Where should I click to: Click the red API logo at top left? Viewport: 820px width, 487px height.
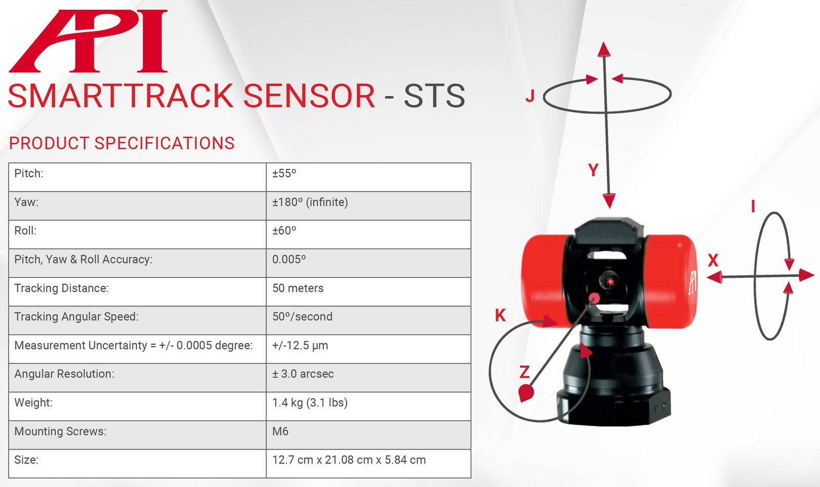(x=88, y=41)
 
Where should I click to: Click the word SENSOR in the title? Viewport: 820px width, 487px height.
(x=310, y=95)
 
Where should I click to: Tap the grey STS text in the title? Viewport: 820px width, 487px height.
(x=434, y=95)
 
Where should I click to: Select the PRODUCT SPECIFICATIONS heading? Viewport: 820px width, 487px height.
(x=121, y=143)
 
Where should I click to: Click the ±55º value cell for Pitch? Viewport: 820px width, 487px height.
(x=284, y=173)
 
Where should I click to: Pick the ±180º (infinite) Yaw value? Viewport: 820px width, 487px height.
(x=310, y=202)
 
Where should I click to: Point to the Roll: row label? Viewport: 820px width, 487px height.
(x=25, y=231)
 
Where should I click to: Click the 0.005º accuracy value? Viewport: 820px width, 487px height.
(x=289, y=259)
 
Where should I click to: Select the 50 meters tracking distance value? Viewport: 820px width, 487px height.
(x=298, y=288)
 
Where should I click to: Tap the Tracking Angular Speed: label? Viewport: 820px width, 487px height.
(x=76, y=317)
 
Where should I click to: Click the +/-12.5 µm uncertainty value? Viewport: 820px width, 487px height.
(x=300, y=346)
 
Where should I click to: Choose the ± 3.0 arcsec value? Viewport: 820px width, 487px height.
(x=303, y=374)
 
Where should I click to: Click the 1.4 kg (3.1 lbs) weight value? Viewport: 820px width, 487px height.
(x=310, y=403)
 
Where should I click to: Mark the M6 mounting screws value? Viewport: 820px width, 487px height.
(x=280, y=431)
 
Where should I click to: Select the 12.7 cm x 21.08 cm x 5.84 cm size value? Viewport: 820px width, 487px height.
(x=349, y=460)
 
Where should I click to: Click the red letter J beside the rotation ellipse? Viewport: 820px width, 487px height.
(x=530, y=96)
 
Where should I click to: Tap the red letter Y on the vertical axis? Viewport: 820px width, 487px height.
(x=593, y=170)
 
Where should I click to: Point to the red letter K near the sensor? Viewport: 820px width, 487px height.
(x=500, y=315)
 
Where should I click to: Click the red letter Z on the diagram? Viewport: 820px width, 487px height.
(x=525, y=372)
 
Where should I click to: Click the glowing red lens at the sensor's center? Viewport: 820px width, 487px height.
(x=609, y=281)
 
